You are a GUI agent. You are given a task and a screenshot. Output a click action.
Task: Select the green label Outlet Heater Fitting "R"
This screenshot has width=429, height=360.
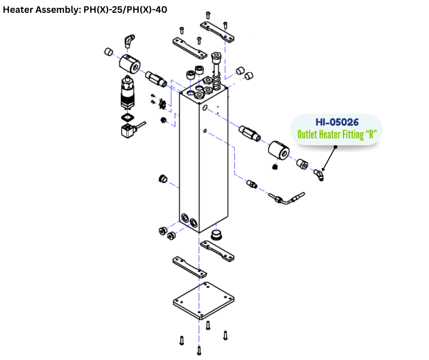(337, 135)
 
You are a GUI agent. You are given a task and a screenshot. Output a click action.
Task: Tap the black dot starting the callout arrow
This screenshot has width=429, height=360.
(335, 147)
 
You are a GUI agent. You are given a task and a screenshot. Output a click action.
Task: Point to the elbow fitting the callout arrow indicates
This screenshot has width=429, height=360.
(319, 175)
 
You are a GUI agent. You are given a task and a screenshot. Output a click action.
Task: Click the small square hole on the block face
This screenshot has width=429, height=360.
(205, 132)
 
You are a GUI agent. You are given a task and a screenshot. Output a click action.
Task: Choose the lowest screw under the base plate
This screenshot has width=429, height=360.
(199, 351)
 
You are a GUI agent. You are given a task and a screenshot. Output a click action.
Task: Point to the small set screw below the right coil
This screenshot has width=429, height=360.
(275, 167)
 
